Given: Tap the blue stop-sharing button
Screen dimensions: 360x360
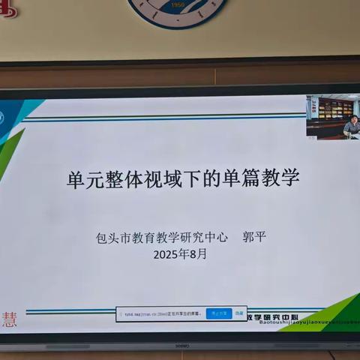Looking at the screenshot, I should coord(219,313).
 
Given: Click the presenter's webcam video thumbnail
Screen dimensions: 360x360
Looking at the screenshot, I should coord(332,116).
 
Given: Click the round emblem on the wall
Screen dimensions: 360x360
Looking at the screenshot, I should coord(178,11).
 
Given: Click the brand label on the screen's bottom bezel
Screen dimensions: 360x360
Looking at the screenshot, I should coord(181,345).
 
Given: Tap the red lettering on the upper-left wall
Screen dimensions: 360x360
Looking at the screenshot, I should coord(7,9).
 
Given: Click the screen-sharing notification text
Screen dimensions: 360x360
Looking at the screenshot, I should coord(161,313).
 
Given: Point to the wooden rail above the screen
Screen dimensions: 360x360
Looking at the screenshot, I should coord(180,75).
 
